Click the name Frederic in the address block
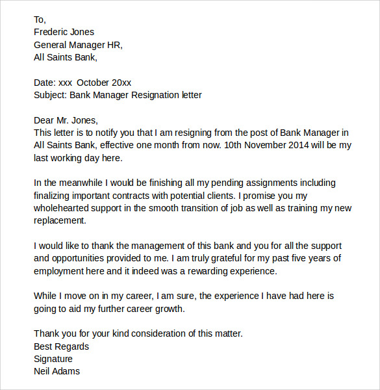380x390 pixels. click(52, 32)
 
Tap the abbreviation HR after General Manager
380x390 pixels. click(112, 45)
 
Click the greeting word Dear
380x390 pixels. click(44, 120)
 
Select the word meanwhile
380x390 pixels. click(78, 183)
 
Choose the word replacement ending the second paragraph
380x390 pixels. click(60, 221)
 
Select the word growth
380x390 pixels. click(170, 309)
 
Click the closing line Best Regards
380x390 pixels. click(61, 346)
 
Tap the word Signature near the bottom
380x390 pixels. click(53, 359)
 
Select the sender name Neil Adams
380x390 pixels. click(57, 371)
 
